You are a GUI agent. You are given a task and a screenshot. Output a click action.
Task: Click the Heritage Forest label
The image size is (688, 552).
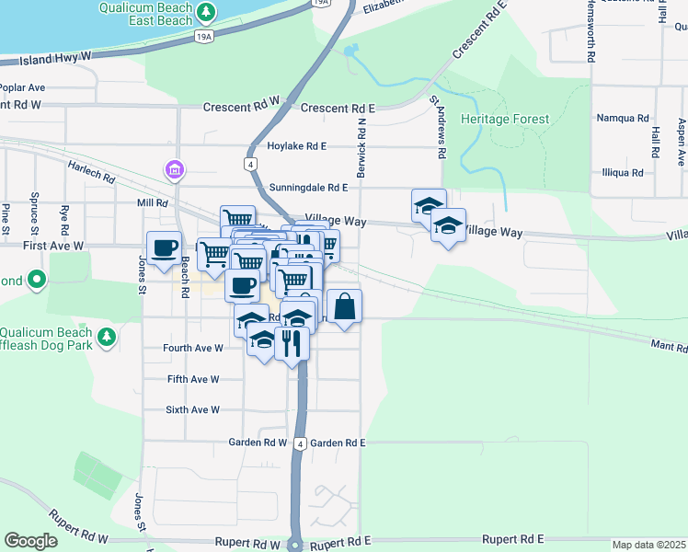(x=505, y=120)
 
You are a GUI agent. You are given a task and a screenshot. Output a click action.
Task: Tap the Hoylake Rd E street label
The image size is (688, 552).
(x=297, y=145)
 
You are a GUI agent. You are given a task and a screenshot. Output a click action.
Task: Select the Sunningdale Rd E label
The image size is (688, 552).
(x=308, y=188)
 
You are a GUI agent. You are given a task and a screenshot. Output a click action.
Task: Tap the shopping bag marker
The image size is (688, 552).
(x=344, y=306)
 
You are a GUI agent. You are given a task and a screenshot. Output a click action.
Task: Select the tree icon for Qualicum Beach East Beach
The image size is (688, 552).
(x=209, y=13)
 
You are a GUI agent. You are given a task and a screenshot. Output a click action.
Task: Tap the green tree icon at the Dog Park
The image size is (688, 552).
(x=108, y=338)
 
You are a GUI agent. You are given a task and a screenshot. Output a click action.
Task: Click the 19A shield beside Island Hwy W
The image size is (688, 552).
(x=205, y=36)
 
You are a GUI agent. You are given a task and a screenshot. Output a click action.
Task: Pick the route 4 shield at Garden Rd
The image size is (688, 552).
(x=300, y=443)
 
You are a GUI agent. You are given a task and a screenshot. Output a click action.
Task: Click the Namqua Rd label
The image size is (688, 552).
(x=623, y=119)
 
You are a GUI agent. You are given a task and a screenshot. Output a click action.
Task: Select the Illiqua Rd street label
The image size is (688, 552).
(x=623, y=172)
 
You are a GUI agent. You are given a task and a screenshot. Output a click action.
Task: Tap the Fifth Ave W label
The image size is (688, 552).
(x=193, y=379)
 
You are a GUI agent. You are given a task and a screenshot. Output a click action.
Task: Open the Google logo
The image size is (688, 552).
(x=30, y=541)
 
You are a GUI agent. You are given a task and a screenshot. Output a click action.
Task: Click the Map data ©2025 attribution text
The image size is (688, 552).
(x=649, y=545)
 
